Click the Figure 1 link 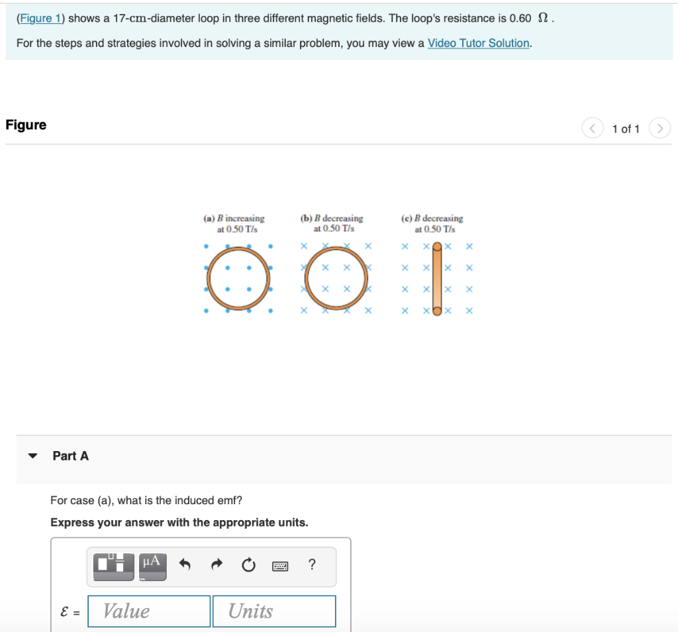[40, 19]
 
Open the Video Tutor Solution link [479, 43]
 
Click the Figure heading [26, 125]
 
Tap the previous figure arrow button [593, 129]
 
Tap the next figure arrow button [660, 129]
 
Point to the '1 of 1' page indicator [626, 129]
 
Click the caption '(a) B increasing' [234, 219]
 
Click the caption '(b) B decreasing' [332, 219]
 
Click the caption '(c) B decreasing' [432, 219]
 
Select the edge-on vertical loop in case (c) [437, 279]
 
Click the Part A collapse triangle [32, 456]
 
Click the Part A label [70, 456]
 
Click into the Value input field [149, 611]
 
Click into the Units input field [273, 611]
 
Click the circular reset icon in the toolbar [248, 565]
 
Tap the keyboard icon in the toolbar [280, 566]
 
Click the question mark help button [312, 564]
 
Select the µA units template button [152, 564]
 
